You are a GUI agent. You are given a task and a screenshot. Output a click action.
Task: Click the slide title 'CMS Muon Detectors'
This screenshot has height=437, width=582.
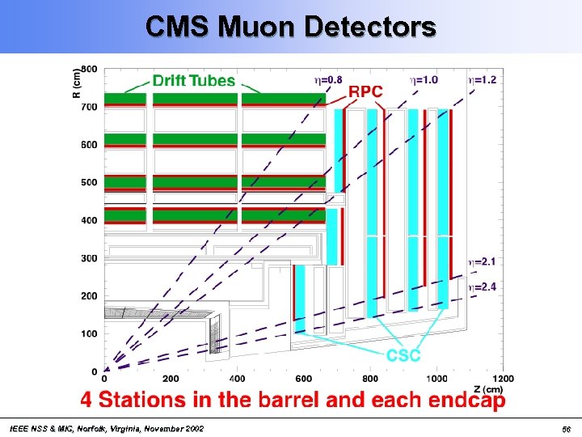291,26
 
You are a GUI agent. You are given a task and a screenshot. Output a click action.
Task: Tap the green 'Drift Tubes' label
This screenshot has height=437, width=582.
194,81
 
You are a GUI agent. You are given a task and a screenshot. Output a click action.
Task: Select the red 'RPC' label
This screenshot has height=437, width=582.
365,91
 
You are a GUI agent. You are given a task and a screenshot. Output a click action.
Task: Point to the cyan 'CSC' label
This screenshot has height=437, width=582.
403,355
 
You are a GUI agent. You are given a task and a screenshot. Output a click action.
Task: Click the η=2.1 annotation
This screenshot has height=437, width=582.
483,261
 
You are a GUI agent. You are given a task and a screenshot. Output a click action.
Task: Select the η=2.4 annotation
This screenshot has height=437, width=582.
483,286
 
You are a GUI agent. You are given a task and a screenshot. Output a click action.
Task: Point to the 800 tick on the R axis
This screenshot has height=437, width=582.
89,69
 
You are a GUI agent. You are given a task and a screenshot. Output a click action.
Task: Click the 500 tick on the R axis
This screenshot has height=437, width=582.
89,183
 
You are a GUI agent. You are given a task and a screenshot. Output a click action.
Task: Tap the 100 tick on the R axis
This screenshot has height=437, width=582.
89,333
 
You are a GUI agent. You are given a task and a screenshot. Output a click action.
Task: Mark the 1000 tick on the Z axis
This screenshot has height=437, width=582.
436,379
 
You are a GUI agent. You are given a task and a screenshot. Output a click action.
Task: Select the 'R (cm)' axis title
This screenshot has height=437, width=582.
77,83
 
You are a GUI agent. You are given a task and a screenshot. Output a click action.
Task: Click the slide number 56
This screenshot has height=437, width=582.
567,428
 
